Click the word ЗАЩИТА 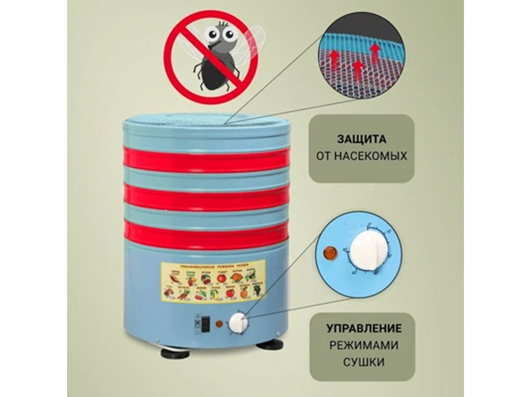click(x=362, y=138)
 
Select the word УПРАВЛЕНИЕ click(x=364, y=328)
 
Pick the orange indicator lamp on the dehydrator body click(x=219, y=324)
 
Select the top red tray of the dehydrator click(x=206, y=159)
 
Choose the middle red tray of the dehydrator click(x=206, y=197)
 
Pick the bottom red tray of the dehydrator click(x=206, y=235)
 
